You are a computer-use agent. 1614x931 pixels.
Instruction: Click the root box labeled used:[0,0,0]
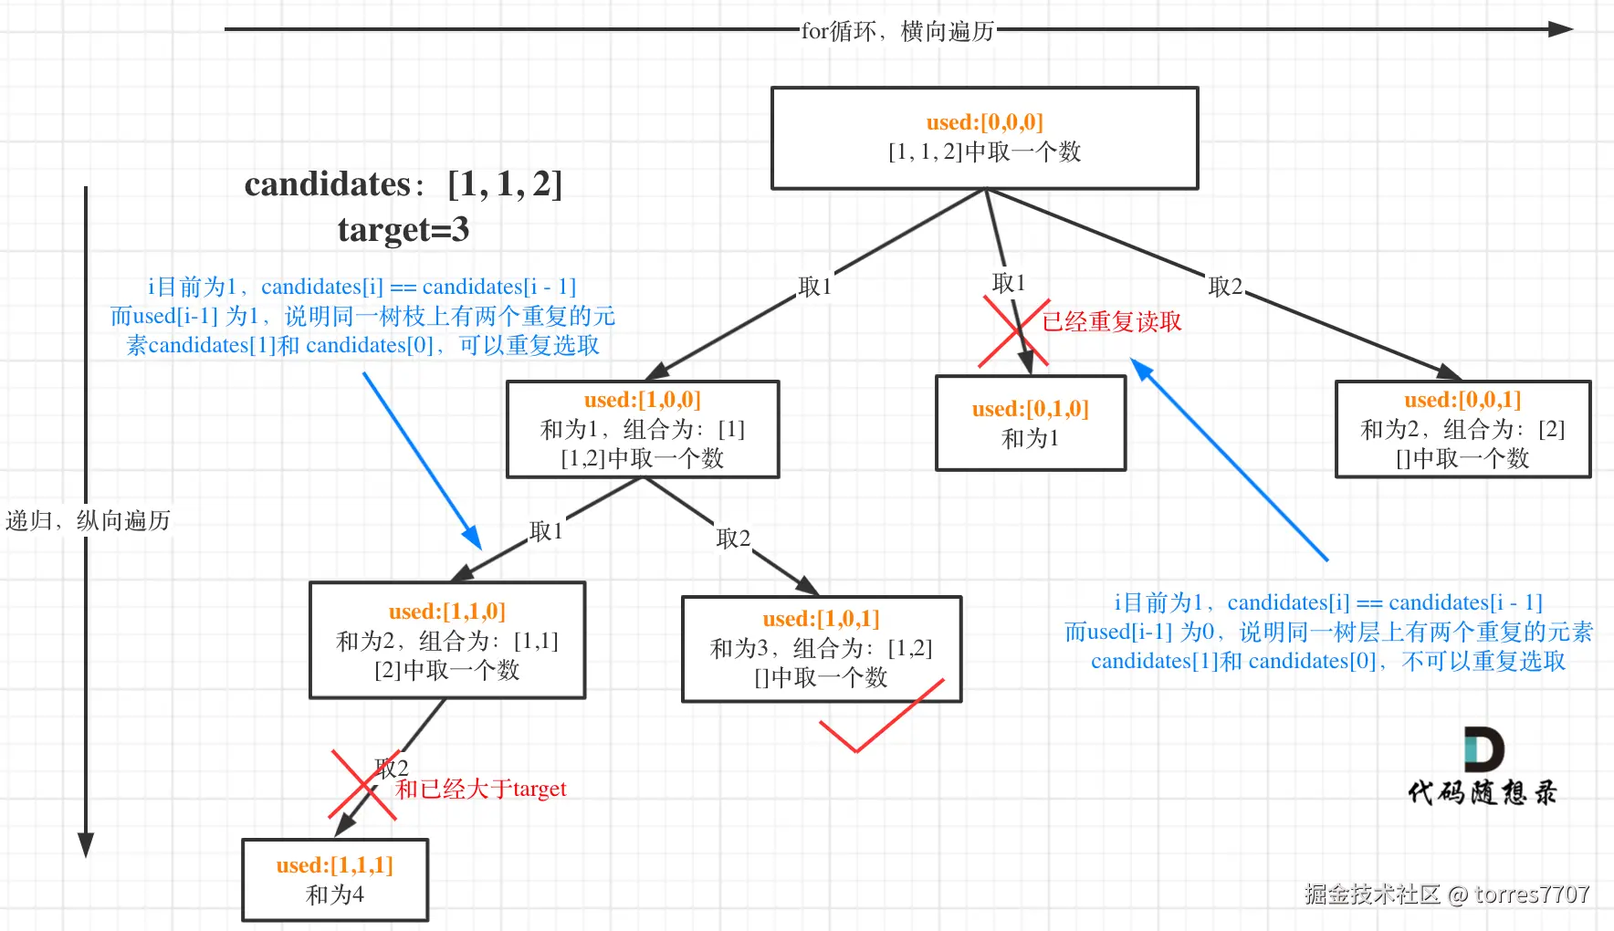[984, 138]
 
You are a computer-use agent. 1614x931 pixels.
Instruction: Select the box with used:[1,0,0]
[643, 429]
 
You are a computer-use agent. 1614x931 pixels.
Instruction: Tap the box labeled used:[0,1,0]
[1031, 424]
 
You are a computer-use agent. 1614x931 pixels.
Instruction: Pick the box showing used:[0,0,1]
[1462, 429]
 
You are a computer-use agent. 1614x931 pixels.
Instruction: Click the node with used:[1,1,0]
[447, 640]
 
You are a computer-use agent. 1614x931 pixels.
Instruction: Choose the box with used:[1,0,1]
[822, 648]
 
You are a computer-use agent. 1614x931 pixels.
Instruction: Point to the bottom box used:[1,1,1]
[335, 880]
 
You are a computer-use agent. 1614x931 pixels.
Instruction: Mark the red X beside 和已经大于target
[362, 784]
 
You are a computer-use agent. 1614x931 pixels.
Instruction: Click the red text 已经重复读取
[1112, 321]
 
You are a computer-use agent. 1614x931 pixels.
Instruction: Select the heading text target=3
[403, 229]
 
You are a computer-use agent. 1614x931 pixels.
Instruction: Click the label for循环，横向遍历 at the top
[897, 31]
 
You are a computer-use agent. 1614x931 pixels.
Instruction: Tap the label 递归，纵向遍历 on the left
[88, 520]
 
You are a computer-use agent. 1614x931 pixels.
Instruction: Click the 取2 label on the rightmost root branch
[1225, 287]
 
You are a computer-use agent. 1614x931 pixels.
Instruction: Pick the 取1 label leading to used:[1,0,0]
[814, 287]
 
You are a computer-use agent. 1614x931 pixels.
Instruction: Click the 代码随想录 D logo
[1483, 750]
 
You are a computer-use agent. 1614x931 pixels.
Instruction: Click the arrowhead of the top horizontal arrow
[1560, 29]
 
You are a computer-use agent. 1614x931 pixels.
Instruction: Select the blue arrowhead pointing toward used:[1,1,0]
[472, 538]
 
